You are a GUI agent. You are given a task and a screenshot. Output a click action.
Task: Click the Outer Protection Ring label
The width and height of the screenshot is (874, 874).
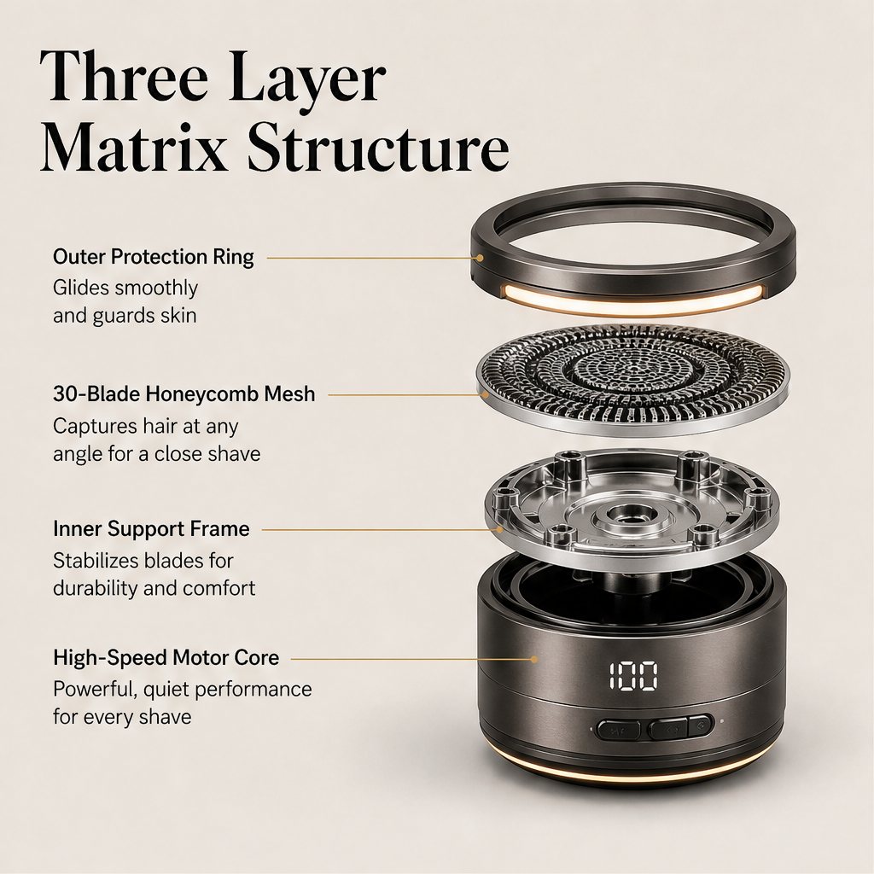click(x=154, y=257)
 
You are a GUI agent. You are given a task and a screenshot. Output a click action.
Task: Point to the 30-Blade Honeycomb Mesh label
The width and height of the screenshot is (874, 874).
click(x=184, y=394)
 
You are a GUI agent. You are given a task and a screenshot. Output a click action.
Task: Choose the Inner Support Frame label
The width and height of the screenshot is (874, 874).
click(x=151, y=528)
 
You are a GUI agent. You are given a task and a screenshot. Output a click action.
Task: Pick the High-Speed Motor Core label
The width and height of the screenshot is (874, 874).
click(x=166, y=658)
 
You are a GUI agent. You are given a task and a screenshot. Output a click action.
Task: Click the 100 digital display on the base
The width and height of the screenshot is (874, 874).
click(x=632, y=676)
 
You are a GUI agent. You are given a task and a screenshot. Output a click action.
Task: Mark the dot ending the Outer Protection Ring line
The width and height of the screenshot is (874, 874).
click(x=480, y=258)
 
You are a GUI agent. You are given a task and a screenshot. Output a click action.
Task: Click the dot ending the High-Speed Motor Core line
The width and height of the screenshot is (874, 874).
click(x=534, y=659)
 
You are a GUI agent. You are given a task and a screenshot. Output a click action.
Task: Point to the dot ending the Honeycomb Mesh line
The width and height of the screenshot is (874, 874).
click(x=486, y=394)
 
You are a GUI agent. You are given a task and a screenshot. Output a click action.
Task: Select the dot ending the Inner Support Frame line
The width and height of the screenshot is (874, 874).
click(x=499, y=529)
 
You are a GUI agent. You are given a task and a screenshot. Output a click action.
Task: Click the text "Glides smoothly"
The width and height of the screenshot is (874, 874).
click(x=125, y=288)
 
